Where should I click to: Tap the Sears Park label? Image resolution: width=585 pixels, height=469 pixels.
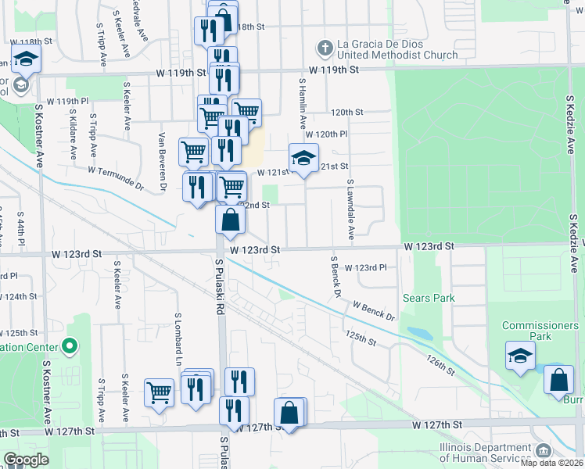pyautogui.click(x=428, y=298)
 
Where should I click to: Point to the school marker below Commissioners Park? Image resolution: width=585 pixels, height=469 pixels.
pyautogui.click(x=520, y=356)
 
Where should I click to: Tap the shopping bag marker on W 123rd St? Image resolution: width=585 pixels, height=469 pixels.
pyautogui.click(x=231, y=220)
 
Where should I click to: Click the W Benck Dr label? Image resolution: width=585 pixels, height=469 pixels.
pyautogui.click(x=374, y=310)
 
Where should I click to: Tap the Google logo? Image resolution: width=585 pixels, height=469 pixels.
pyautogui.click(x=26, y=460)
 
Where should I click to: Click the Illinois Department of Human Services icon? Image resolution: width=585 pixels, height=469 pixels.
pyautogui.click(x=543, y=450)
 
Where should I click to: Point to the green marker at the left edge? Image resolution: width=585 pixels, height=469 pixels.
pyautogui.click(x=70, y=345)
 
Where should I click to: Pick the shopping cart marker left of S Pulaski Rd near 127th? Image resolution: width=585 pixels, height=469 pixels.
pyautogui.click(x=159, y=392)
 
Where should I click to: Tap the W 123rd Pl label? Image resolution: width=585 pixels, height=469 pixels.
pyautogui.click(x=366, y=267)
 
